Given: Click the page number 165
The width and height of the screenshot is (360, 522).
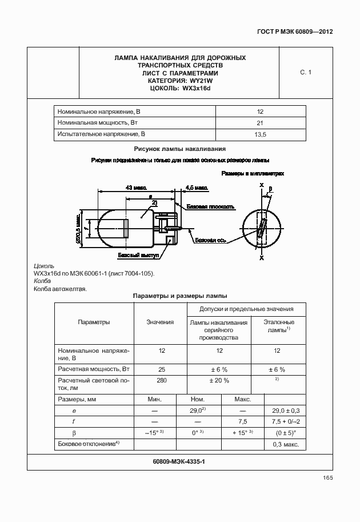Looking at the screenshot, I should point(327,478).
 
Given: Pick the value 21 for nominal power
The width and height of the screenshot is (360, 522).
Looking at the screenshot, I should point(260,123).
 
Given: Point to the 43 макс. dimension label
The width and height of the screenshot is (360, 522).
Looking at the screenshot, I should point(136,187).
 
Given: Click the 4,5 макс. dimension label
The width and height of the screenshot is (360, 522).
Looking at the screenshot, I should point(197,187).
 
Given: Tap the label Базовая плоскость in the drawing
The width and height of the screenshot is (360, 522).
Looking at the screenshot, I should point(213,206).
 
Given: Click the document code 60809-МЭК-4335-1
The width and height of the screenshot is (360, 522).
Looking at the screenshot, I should point(179,461).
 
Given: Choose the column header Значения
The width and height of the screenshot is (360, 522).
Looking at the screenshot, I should point(160,322).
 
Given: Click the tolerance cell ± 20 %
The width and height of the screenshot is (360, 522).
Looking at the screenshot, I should point(219,380).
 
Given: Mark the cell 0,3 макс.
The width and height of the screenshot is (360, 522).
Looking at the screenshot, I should point(283,444).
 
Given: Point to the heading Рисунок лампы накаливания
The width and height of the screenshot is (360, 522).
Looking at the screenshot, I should point(179,148).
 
